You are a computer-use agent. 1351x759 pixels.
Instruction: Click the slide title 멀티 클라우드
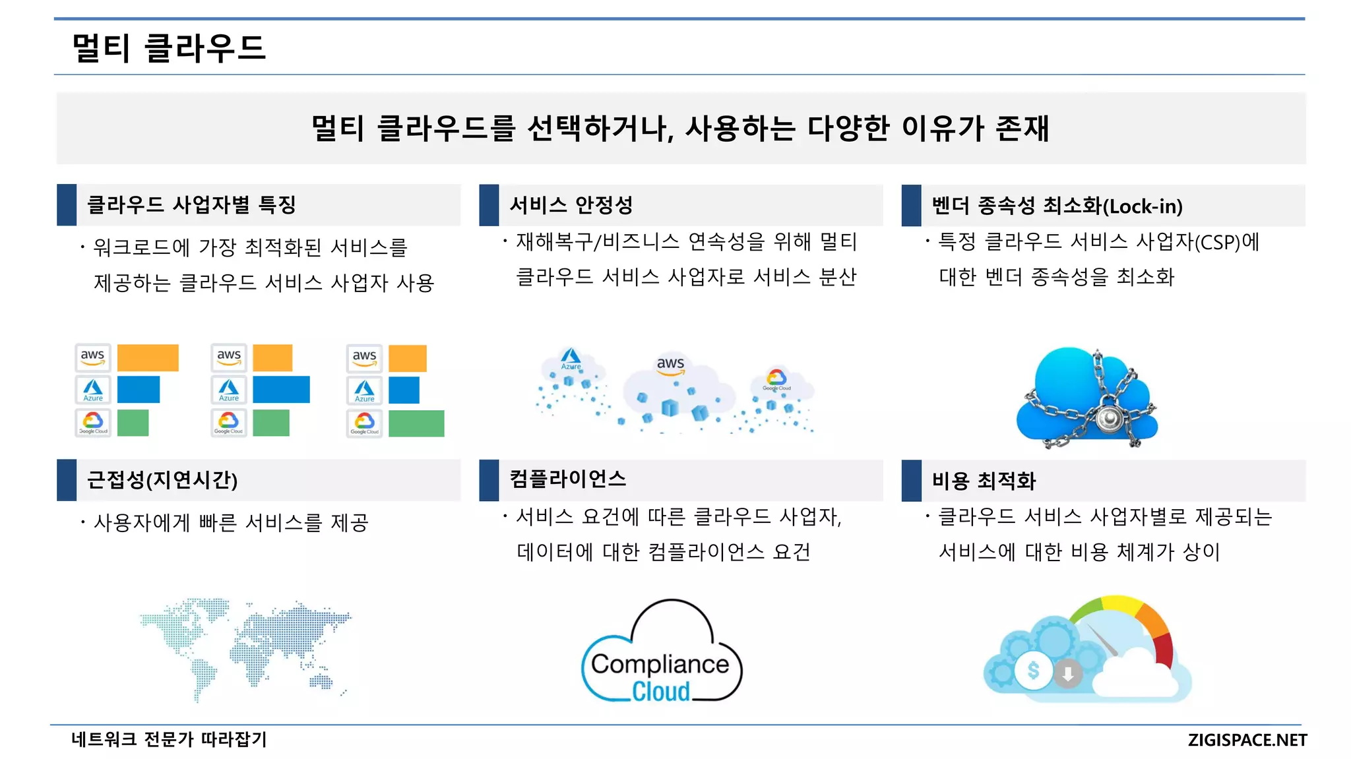coord(168,48)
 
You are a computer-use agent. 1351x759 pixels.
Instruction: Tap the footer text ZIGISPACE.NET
coord(1247,740)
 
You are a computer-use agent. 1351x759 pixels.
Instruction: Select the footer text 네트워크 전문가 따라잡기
coord(169,739)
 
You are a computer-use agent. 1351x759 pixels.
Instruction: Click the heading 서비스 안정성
coord(571,205)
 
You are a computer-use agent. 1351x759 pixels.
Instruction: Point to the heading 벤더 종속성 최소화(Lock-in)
coord(1057,206)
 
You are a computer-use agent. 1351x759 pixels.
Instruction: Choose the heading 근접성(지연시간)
coord(162,479)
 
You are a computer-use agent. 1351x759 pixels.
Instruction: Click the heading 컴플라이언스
coord(567,479)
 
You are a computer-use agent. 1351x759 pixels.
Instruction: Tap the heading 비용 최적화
coord(984,480)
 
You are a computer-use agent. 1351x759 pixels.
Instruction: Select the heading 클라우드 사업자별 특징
coord(191,204)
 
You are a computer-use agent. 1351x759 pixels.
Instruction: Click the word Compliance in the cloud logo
coord(660,664)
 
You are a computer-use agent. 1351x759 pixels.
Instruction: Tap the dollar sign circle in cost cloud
coord(1033,671)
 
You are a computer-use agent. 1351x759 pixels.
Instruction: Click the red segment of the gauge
coord(1164,650)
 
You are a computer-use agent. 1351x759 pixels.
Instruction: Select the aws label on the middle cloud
coord(670,364)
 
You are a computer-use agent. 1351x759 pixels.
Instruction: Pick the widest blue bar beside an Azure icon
coord(281,390)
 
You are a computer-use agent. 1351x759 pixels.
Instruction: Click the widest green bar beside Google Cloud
coord(416,423)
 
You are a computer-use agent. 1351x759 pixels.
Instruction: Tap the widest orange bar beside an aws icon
coord(148,357)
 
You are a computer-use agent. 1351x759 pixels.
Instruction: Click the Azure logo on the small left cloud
coord(571,359)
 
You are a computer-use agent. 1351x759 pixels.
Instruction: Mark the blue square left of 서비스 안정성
coord(489,205)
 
